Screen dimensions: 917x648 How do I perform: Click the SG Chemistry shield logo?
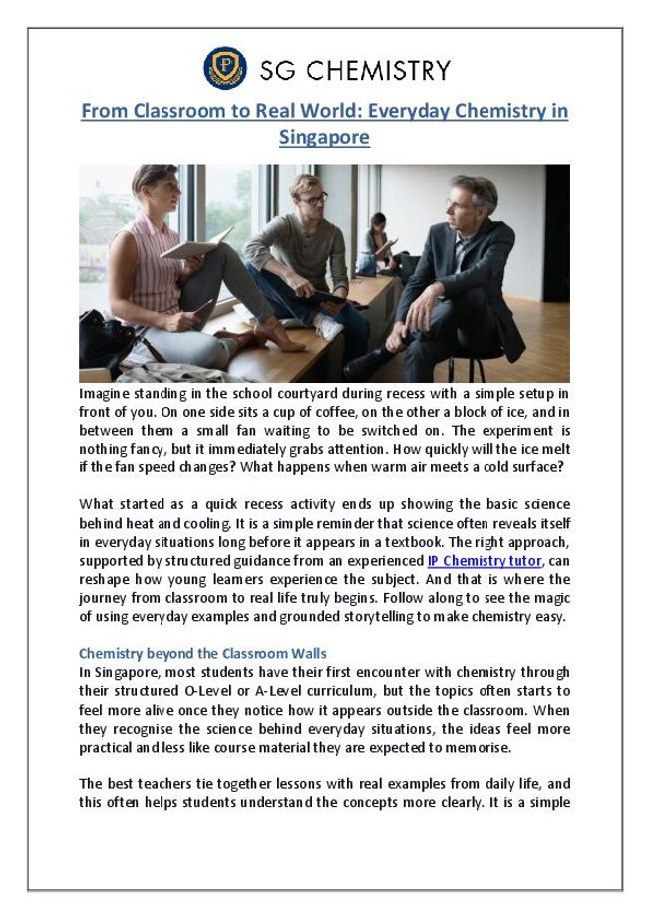tap(225, 69)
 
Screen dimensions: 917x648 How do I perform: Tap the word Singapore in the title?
tap(324, 136)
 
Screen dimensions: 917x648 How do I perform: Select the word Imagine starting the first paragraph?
tap(109, 395)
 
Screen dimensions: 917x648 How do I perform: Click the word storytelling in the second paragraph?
tap(380, 616)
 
